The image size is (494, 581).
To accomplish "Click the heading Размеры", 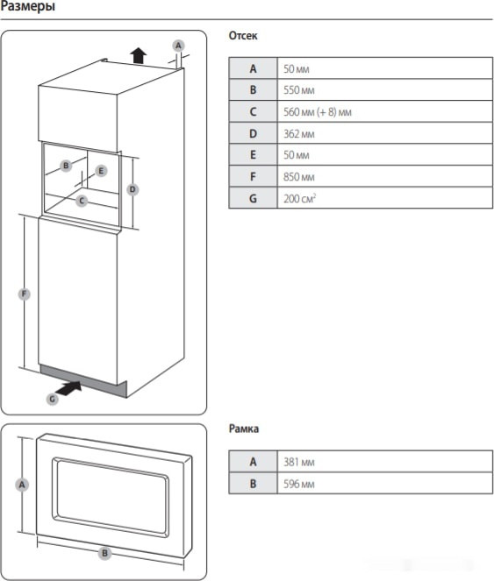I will click(29, 8).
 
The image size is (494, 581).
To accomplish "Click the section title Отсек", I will click(243, 37).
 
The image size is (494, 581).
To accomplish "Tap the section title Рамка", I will click(243, 429).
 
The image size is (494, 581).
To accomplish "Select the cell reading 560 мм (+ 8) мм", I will click(385, 112).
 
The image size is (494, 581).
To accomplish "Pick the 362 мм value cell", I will click(385, 134).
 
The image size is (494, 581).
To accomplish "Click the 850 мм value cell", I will click(385, 176).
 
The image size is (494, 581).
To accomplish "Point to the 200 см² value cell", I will click(385, 198).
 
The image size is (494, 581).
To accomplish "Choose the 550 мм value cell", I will click(385, 90).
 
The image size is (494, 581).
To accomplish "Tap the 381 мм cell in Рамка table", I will click(385, 462).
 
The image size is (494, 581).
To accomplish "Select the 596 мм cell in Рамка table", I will click(385, 484).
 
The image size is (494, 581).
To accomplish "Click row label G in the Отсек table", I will click(253, 198).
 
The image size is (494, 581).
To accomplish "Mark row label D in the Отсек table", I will click(253, 134).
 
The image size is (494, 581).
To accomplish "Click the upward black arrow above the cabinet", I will click(137, 55).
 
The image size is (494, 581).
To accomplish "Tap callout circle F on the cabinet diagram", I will click(24, 295).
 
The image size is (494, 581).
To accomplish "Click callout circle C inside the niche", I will click(82, 201).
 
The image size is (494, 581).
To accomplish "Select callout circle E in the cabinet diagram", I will click(101, 171).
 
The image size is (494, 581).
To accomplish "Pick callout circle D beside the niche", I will click(132, 189).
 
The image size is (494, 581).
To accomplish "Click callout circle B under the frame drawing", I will click(104, 553).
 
